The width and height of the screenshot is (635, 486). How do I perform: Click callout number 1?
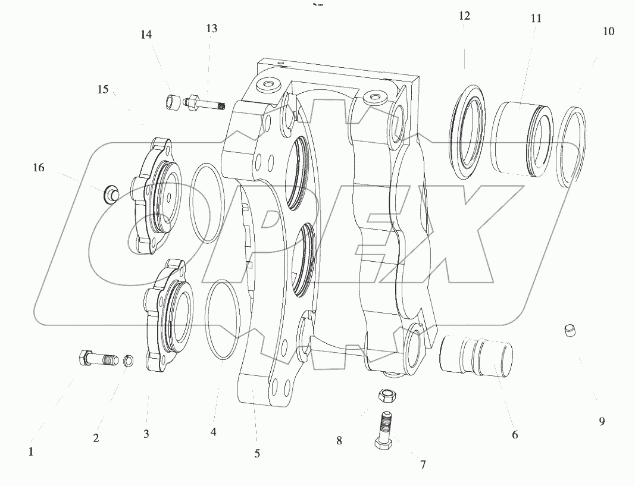click(31, 451)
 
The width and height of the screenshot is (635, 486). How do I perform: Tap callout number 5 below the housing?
click(257, 453)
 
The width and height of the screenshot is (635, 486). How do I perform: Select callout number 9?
click(602, 421)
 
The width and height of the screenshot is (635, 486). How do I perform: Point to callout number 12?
click(464, 16)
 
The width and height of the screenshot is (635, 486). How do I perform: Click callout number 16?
click(38, 168)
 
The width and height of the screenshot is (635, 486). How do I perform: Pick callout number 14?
click(146, 35)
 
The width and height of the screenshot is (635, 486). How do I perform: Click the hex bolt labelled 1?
click(95, 359)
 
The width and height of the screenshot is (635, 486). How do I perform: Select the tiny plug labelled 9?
click(570, 329)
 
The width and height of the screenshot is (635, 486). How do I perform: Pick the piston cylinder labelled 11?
click(520, 138)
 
